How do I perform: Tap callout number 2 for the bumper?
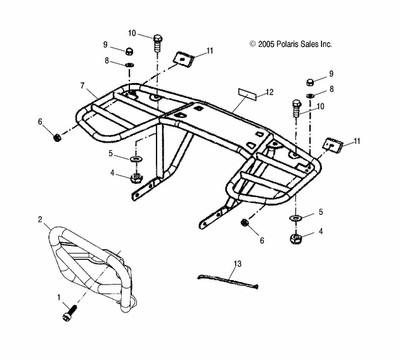(41, 219)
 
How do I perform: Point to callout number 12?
(269, 93)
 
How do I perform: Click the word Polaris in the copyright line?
(292, 44)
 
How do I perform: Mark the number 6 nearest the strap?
(261, 241)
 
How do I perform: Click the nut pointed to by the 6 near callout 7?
(57, 132)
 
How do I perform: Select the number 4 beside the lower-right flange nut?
(320, 231)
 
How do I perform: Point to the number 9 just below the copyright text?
(332, 74)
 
